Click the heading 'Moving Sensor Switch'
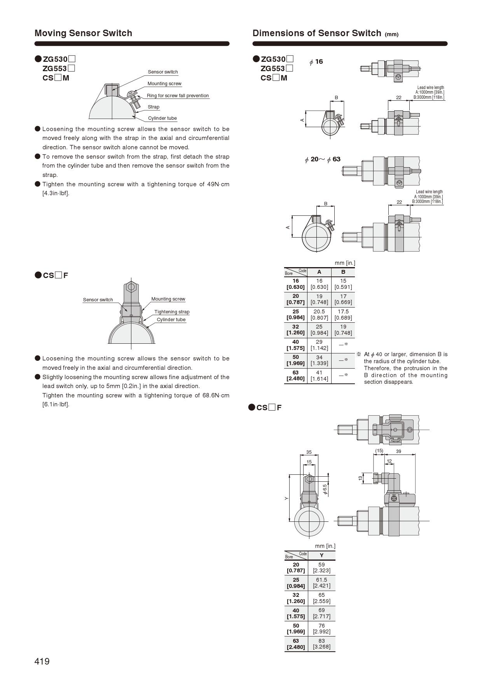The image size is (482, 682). click(83, 33)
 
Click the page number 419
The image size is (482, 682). click(42, 661)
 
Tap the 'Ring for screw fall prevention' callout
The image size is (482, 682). click(178, 96)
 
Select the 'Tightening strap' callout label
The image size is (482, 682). click(172, 312)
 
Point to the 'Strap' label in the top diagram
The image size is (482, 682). click(154, 107)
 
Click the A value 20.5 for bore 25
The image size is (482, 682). click(319, 311)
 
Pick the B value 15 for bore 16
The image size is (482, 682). click(343, 281)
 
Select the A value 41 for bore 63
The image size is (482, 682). click(319, 372)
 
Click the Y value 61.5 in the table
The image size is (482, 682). click(321, 580)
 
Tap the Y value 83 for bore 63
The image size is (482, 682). click(321, 641)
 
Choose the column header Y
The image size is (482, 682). click(321, 555)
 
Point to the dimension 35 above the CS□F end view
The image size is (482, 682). click(309, 452)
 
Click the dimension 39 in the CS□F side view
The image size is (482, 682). click(398, 451)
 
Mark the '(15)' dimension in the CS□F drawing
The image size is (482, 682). click(379, 451)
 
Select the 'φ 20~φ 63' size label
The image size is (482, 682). click(323, 159)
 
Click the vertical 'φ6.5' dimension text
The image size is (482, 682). click(325, 489)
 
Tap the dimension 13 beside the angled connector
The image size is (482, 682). click(360, 478)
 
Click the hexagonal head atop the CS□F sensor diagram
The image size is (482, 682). click(131, 287)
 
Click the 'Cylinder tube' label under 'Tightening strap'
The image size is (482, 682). click(171, 320)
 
